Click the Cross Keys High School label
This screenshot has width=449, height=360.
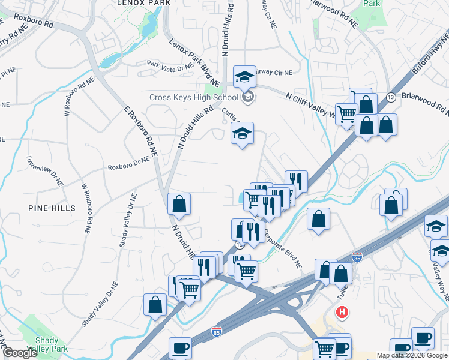193,98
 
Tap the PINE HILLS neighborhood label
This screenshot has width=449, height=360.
52,208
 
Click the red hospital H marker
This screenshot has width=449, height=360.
342,312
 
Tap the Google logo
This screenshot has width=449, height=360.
19,353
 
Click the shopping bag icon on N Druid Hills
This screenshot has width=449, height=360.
179,204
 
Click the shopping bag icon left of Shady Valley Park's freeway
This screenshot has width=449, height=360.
155,304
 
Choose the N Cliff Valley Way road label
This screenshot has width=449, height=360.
310,103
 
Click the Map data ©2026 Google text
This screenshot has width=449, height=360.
412,355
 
